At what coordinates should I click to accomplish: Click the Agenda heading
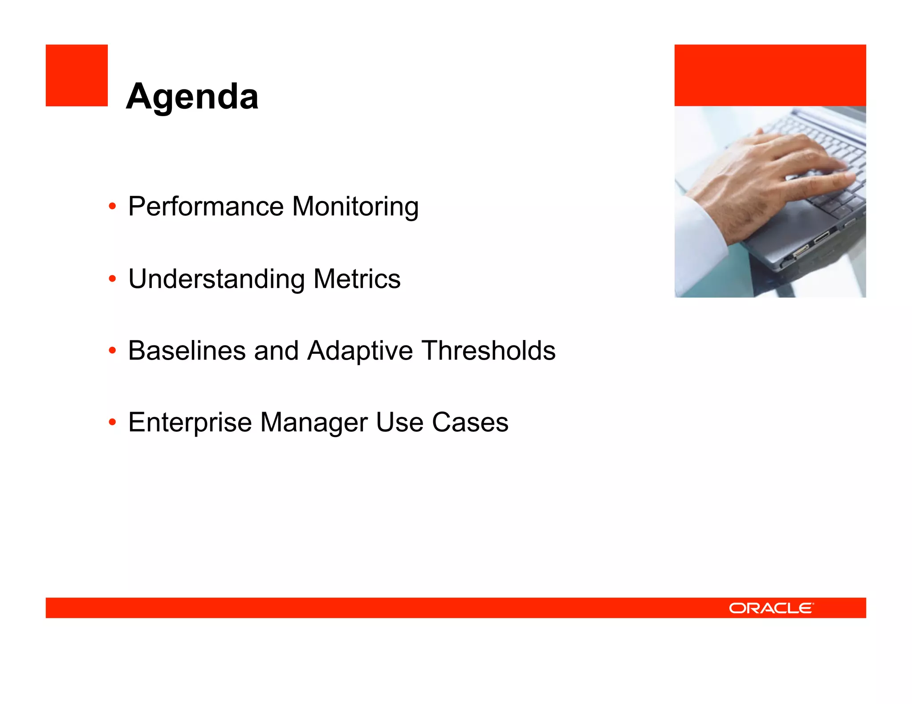pos(192,97)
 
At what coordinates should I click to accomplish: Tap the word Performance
pos(206,206)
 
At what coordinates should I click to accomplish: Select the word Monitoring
pos(355,206)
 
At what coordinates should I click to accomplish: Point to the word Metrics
pos(357,279)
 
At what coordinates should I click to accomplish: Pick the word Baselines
pos(187,351)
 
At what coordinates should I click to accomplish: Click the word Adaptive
pos(360,351)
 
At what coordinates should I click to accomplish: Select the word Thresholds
pos(489,351)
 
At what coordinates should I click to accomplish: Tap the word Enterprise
pos(190,422)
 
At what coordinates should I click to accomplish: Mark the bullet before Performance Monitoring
pos(112,206)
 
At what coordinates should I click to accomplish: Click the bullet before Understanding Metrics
pos(112,279)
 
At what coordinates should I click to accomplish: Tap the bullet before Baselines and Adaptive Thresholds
pos(112,351)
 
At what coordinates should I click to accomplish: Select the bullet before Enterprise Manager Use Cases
pos(112,422)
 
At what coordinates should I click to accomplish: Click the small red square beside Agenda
pos(77,75)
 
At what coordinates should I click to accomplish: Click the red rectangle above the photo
pos(770,75)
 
